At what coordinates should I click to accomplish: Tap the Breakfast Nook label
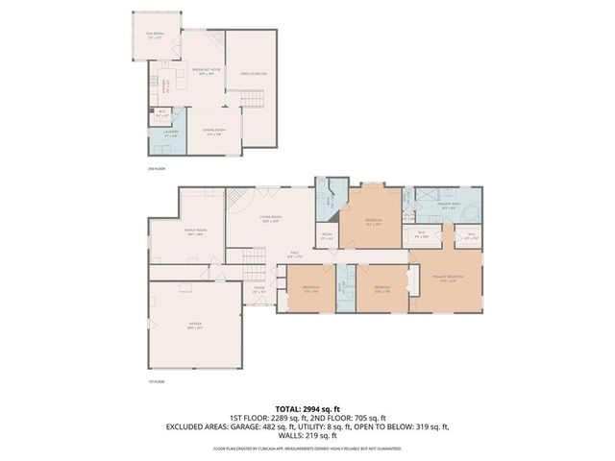point(205,72)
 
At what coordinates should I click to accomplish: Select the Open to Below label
point(253,73)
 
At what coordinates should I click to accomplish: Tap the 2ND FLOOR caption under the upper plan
point(157,169)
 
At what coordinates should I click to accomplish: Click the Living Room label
point(270,220)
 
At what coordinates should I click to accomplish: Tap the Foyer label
point(258,289)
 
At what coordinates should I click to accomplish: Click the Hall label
point(295,255)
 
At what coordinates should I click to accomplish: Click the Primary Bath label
point(450,205)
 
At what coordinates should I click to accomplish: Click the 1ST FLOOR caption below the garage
point(153,382)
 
